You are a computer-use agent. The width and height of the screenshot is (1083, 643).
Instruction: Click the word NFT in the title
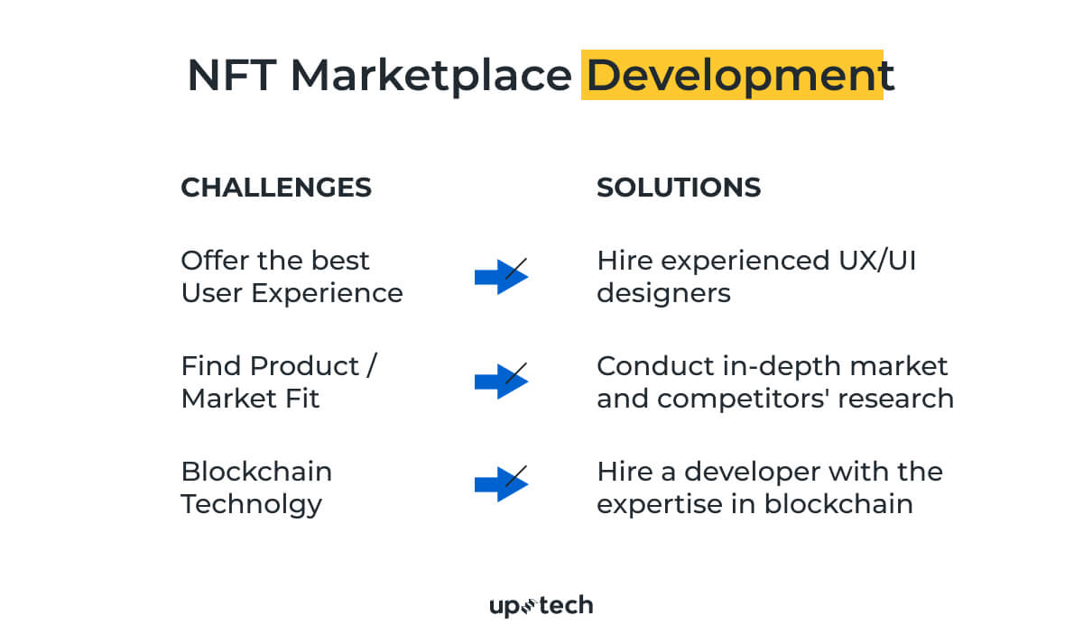tap(232, 76)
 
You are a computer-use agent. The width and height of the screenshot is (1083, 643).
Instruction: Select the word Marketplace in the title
tap(430, 76)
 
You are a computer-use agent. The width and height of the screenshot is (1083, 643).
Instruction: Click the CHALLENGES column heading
tap(276, 188)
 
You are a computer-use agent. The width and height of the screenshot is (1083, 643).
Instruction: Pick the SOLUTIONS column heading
tap(679, 188)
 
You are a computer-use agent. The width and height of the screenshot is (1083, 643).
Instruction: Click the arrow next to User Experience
tap(501, 277)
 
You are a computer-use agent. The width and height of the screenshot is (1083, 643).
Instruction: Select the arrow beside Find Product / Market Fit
tap(501, 381)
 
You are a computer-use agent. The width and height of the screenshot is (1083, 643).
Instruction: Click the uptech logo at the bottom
tap(541, 606)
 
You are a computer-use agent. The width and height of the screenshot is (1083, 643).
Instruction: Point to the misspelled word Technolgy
tap(251, 504)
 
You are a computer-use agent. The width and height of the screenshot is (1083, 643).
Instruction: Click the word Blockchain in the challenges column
tap(256, 472)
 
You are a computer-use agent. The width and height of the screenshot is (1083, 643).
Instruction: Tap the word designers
tap(663, 293)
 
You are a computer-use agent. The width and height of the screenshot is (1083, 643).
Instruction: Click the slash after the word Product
tap(372, 366)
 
